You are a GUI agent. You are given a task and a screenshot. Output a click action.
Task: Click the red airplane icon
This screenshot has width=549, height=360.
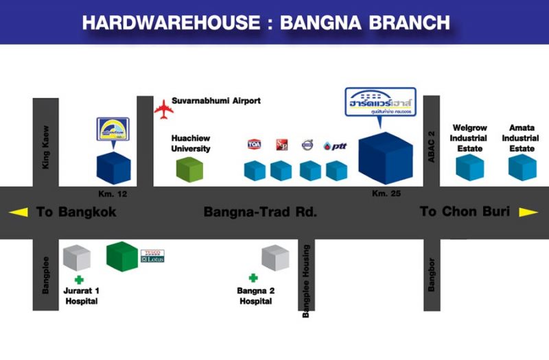163,108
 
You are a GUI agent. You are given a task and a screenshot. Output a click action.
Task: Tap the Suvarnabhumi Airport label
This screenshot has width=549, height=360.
216,101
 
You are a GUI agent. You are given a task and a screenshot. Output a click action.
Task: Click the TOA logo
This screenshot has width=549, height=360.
255,144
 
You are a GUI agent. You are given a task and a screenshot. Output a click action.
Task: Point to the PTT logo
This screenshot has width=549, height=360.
336,145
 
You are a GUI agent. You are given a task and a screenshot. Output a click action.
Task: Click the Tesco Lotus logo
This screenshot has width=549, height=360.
152,256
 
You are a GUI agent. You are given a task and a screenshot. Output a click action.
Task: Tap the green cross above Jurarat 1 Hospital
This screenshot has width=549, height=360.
79,280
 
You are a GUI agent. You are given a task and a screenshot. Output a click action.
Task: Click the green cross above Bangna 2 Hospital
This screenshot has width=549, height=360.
253,278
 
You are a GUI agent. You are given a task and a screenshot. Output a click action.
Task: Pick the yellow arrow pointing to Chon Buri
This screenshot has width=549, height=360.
528,212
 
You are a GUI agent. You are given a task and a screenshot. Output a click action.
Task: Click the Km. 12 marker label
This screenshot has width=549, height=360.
113,194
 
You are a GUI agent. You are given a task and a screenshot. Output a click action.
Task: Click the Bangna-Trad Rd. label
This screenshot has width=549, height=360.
260,212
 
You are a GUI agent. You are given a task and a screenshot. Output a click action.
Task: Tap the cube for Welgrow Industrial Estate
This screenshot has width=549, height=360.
470,167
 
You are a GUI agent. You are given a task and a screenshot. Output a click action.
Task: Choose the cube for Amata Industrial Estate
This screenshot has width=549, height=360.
522,167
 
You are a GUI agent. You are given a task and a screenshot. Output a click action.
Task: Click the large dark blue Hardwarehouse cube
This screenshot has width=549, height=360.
386,157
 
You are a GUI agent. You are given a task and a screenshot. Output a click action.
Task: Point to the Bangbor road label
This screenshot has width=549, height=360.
432,274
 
